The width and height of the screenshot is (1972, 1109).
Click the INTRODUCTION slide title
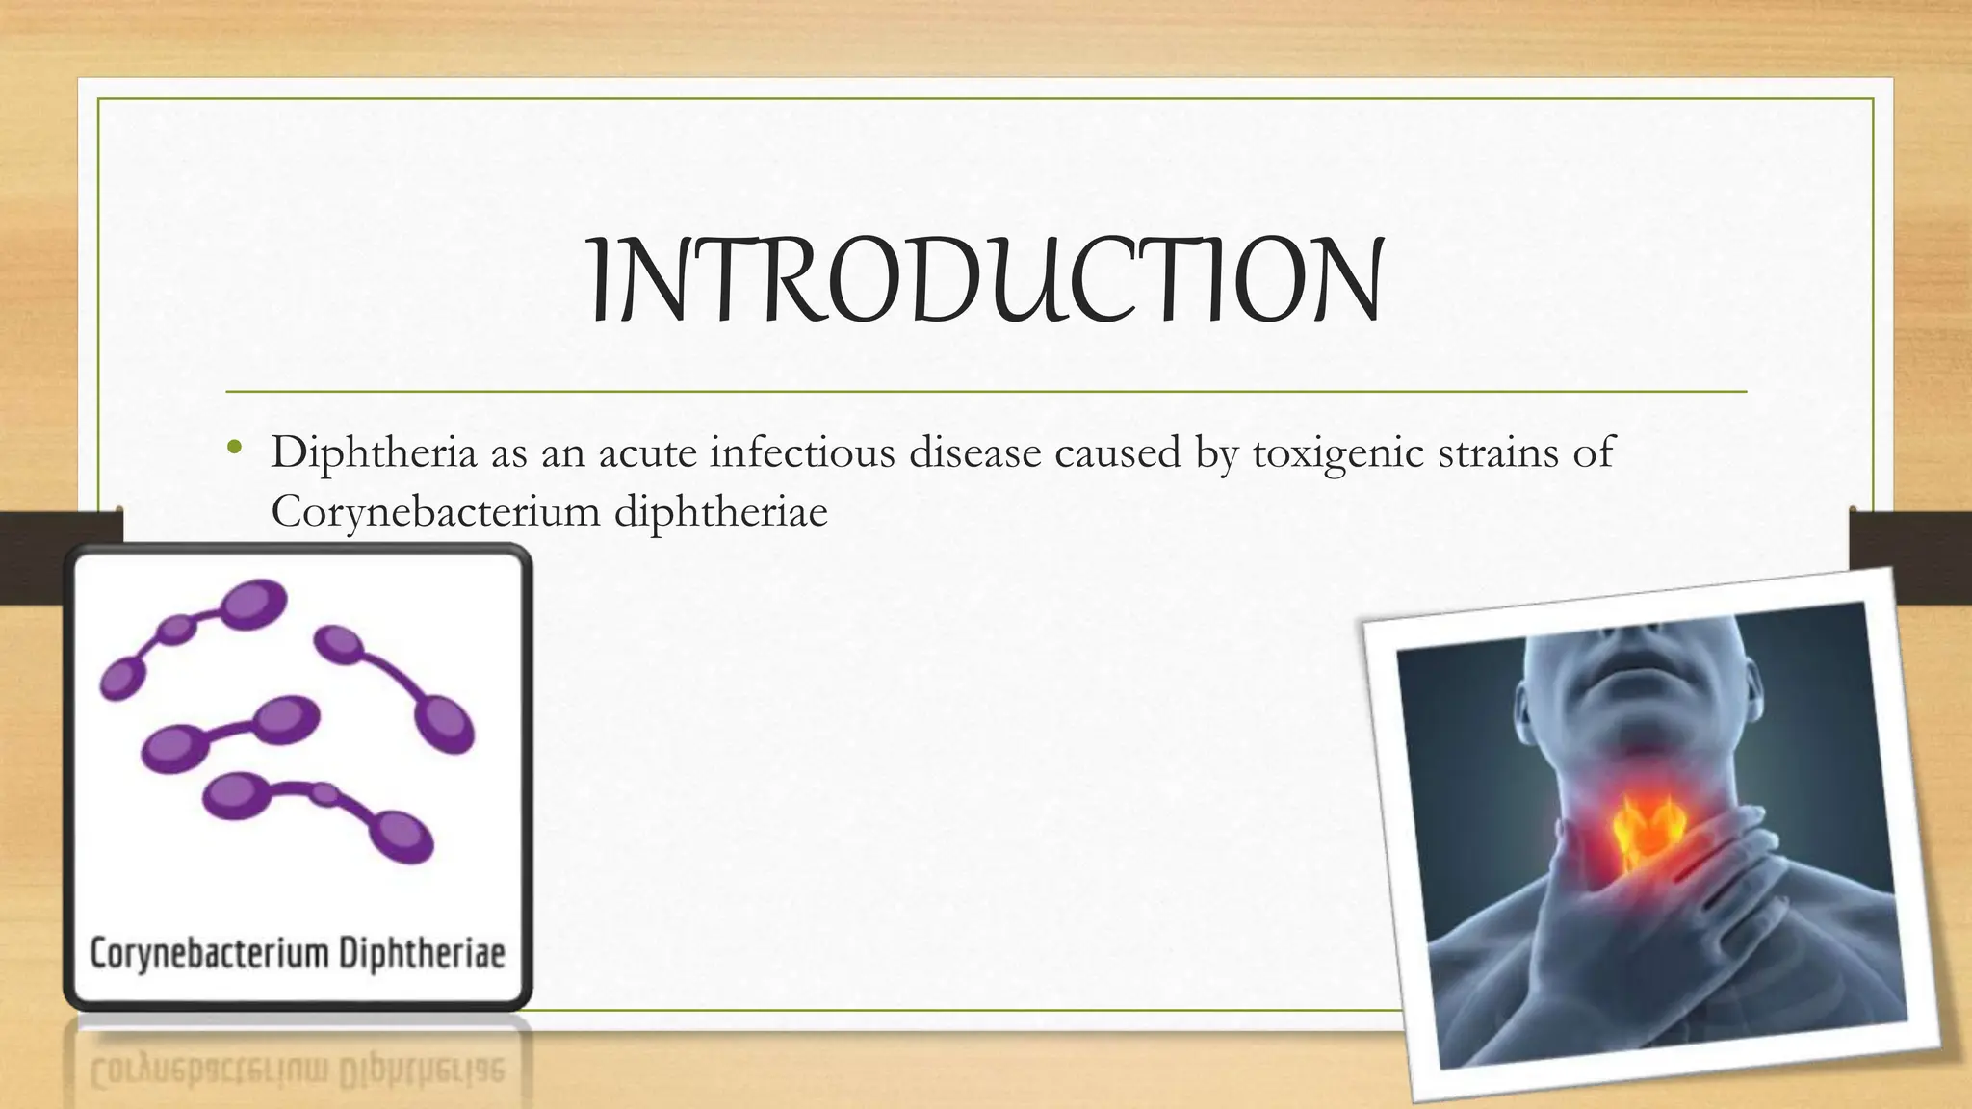click(x=985, y=280)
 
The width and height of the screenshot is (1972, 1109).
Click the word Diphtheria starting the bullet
click(x=374, y=452)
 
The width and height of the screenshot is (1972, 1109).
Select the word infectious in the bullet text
click(x=802, y=452)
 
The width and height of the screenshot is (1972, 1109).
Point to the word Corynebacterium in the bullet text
click(x=435, y=511)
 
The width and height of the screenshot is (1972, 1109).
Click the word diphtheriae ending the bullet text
click(x=720, y=511)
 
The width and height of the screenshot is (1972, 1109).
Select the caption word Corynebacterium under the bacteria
click(x=209, y=954)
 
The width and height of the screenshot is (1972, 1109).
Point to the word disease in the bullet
click(x=974, y=452)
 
